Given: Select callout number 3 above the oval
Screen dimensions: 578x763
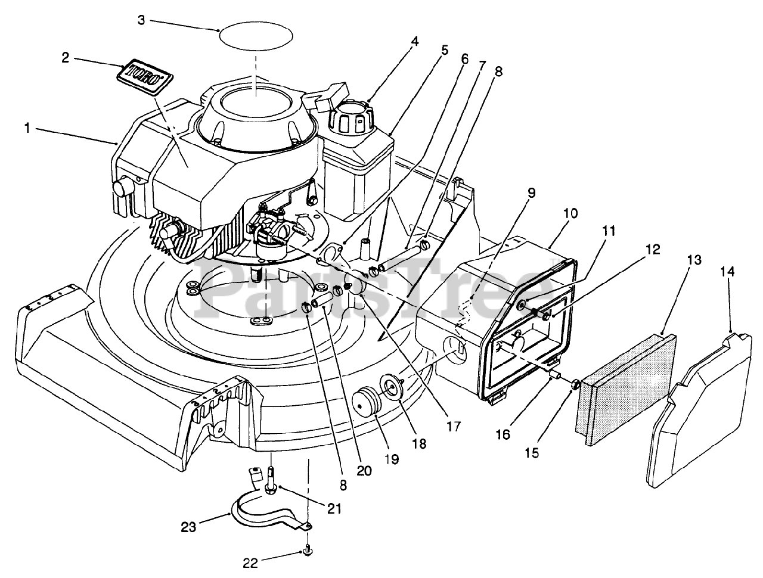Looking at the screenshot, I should [141, 20].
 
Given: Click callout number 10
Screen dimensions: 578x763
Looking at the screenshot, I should [570, 213].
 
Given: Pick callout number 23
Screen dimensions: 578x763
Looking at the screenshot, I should [189, 526].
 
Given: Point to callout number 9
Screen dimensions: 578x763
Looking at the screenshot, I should [531, 192].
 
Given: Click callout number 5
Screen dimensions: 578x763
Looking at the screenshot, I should [444, 51].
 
